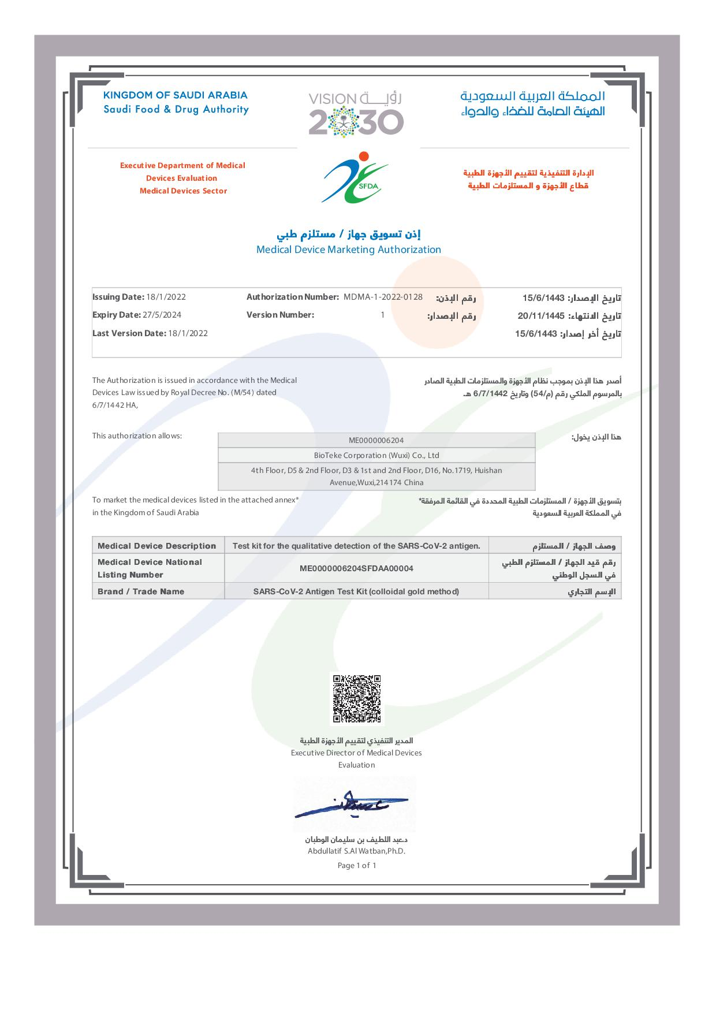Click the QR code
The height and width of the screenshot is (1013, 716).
pyautogui.click(x=356, y=699)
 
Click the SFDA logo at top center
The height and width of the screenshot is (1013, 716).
pyautogui.click(x=355, y=177)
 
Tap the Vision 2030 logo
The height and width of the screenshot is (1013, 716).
pyautogui.click(x=356, y=114)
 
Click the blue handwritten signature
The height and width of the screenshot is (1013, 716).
pyautogui.click(x=351, y=805)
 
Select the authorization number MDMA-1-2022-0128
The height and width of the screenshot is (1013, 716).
pyautogui.click(x=383, y=297)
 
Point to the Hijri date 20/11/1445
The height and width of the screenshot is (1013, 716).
pyautogui.click(x=540, y=316)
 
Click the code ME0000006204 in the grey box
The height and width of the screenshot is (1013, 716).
pyautogui.click(x=376, y=440)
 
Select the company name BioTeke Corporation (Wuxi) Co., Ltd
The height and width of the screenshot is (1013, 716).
pyautogui.click(x=376, y=455)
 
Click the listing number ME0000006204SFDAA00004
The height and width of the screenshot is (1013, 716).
pyautogui.click(x=356, y=568)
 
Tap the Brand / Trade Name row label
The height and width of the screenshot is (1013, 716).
pyautogui.click(x=141, y=591)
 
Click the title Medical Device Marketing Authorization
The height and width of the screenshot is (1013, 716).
pyautogui.click(x=348, y=249)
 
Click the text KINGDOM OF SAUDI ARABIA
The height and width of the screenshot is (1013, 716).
pyautogui.click(x=175, y=95)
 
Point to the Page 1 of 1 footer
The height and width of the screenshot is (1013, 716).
pyautogui.click(x=356, y=865)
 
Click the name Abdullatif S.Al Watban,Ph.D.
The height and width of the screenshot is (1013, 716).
pyautogui.click(x=356, y=851)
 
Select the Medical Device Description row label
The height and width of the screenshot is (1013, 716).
pyautogui.click(x=156, y=546)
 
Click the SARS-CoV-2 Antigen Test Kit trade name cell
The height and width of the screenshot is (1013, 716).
pyautogui.click(x=356, y=591)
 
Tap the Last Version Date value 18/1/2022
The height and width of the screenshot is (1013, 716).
pyautogui.click(x=187, y=333)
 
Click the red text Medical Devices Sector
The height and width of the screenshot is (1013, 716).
pyautogui.click(x=183, y=191)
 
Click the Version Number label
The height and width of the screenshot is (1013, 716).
pyautogui.click(x=280, y=315)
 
